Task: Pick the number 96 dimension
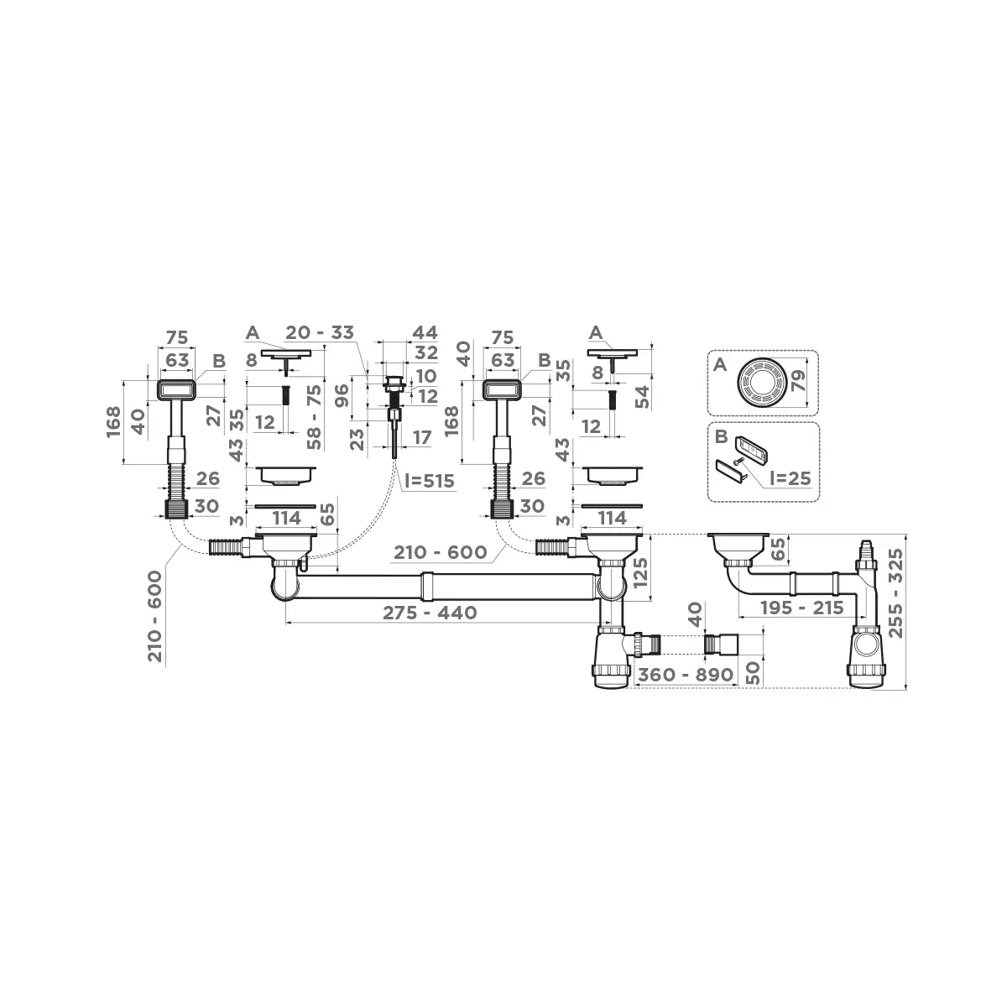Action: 342,396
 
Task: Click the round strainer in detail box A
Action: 762,383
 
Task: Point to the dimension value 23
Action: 356,438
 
